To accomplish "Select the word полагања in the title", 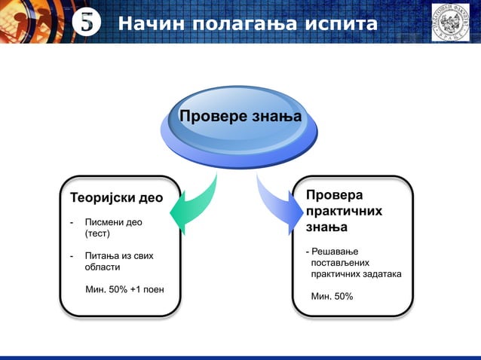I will (240, 25).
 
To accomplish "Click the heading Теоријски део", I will (116, 199).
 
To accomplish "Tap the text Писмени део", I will (113, 223).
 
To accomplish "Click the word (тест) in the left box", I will (97, 234).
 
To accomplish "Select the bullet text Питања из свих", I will (119, 256).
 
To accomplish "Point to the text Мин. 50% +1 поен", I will (124, 289).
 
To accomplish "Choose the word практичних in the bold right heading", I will (343, 211).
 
